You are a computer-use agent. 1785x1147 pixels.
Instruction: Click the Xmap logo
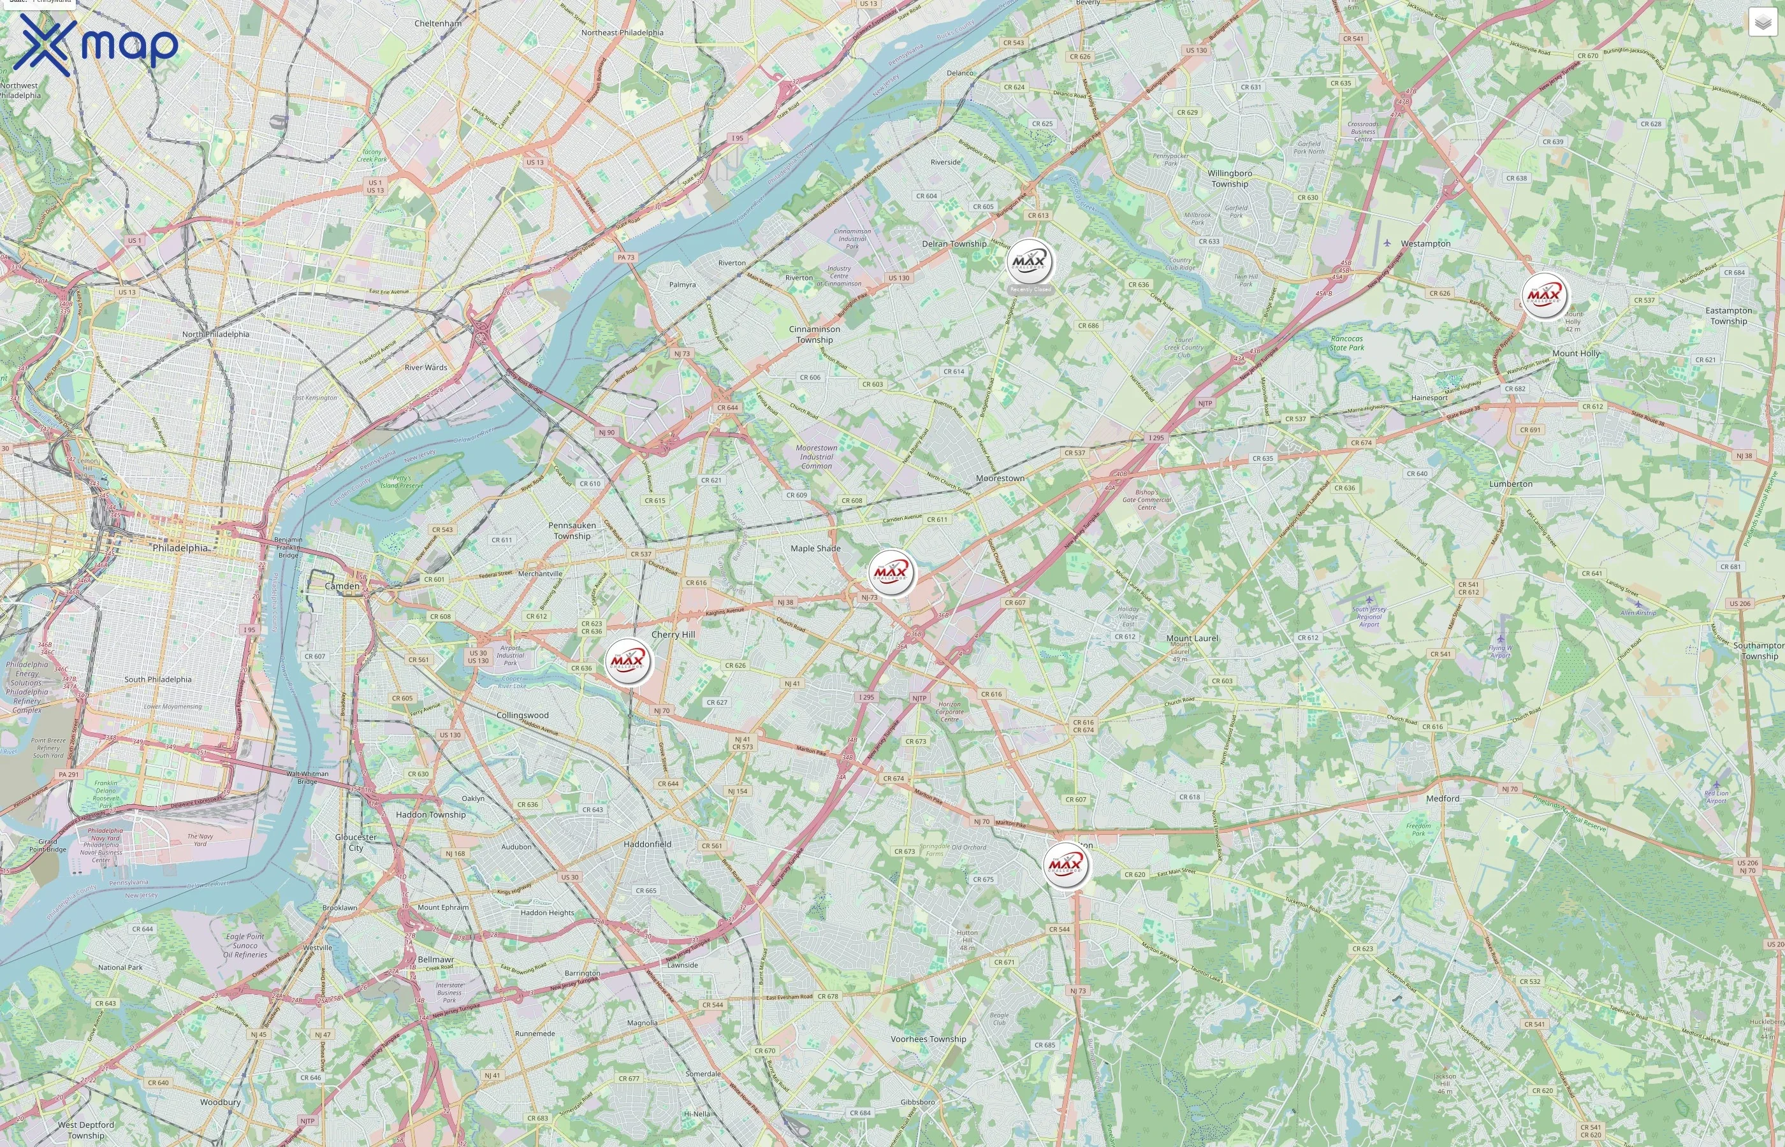(96, 45)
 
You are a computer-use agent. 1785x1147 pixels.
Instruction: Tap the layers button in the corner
(1762, 22)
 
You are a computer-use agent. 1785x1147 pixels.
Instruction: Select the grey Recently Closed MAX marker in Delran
(1030, 262)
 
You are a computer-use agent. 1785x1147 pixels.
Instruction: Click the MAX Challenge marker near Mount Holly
(1545, 296)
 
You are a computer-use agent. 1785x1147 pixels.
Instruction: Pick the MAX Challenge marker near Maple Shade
(891, 573)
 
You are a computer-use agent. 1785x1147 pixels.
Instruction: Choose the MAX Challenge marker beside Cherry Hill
(628, 661)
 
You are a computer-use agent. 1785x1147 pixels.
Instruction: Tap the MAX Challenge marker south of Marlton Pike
(1065, 865)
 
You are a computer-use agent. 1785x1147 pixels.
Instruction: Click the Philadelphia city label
(180, 547)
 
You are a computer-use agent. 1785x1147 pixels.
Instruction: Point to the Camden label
(342, 586)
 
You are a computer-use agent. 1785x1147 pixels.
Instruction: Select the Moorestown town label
(1000, 478)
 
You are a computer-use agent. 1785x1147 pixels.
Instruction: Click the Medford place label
(1442, 798)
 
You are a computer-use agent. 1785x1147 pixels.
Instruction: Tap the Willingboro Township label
(1229, 179)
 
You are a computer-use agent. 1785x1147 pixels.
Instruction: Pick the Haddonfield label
(646, 844)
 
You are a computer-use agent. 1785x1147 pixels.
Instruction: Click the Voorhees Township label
(928, 1039)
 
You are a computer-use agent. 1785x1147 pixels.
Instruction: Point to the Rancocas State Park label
(1347, 343)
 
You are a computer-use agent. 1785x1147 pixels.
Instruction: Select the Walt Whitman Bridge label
(307, 777)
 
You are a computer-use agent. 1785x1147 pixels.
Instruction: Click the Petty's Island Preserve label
(402, 482)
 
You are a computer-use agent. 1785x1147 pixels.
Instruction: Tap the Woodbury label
(220, 1102)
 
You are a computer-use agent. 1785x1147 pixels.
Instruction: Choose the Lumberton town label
(1510, 484)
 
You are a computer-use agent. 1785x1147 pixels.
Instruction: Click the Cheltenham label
(437, 23)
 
